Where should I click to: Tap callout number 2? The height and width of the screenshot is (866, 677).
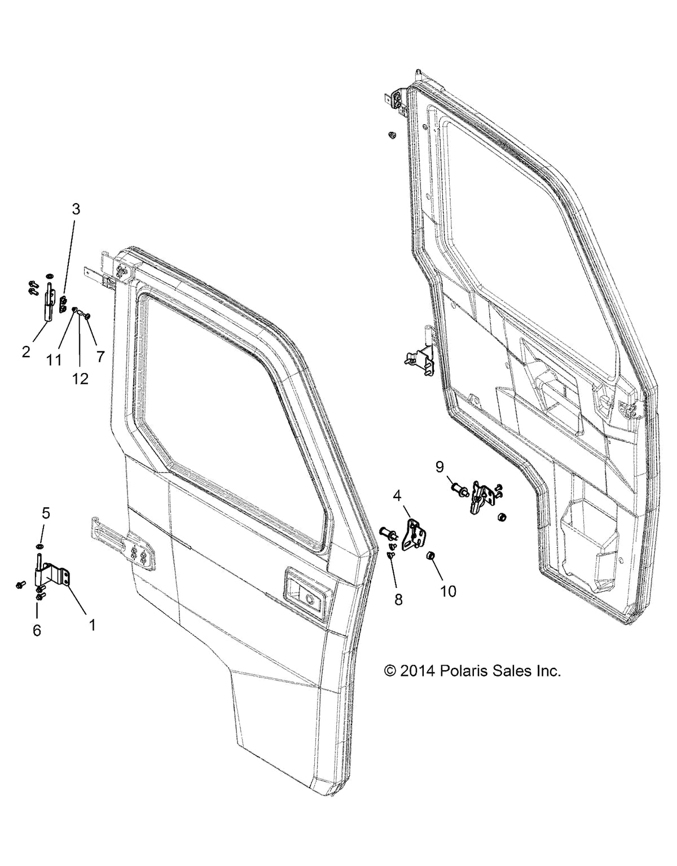coord(26,352)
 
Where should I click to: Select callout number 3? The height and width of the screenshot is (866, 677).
coord(76,209)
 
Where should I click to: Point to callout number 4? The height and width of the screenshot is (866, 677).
coord(397,496)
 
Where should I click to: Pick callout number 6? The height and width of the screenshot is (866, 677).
coord(37,630)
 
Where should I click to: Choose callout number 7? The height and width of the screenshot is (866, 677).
coord(100,356)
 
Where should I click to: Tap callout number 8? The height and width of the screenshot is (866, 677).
coord(398,599)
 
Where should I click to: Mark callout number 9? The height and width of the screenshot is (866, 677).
coord(440,467)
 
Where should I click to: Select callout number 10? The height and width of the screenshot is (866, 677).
coord(449,591)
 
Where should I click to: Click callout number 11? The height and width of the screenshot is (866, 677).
coord(54,359)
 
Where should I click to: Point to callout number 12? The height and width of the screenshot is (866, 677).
coord(80,379)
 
